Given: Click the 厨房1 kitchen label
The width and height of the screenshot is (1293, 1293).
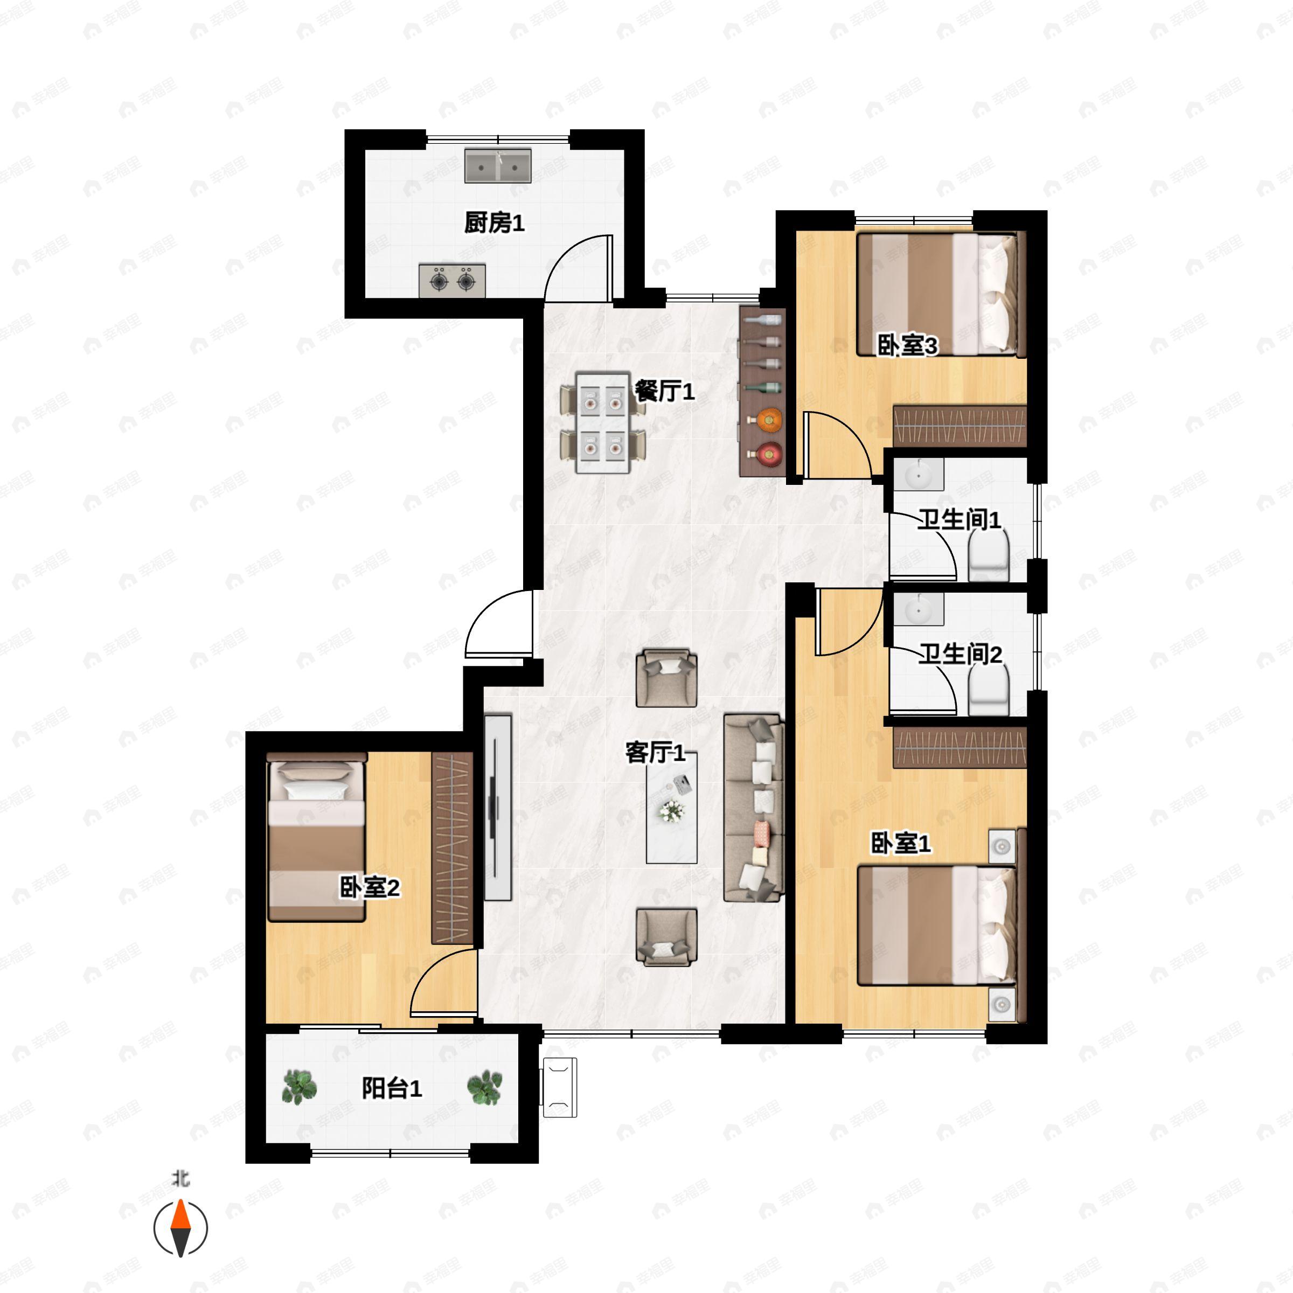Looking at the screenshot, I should (x=494, y=223).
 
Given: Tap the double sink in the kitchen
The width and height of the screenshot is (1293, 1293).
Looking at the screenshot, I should (x=498, y=166).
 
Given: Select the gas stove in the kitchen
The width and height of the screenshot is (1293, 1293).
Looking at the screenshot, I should (x=452, y=280).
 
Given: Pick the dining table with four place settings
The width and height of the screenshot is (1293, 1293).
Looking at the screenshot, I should (x=603, y=423).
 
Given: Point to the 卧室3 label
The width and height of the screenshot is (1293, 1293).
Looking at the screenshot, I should (x=907, y=346).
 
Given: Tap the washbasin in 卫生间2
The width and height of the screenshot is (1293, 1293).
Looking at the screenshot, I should (x=917, y=610).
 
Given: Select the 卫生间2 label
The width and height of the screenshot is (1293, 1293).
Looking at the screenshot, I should (x=959, y=654).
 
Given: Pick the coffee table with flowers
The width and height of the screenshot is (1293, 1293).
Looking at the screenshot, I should (x=671, y=808).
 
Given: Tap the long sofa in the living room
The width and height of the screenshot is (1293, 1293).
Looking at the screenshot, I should (x=754, y=808).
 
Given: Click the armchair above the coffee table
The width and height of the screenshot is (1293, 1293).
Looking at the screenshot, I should (x=666, y=677).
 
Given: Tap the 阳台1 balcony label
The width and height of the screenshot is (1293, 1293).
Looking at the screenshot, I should (x=392, y=1089).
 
